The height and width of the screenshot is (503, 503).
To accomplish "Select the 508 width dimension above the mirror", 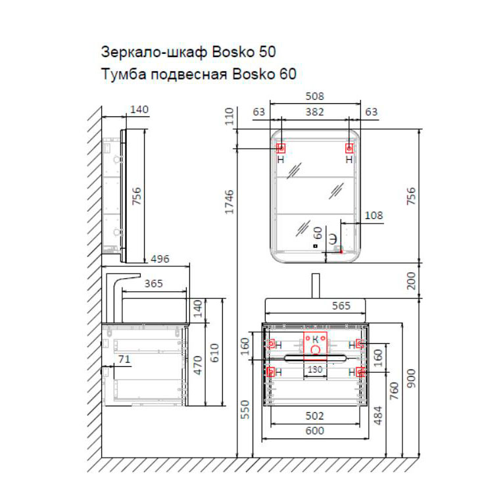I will coord(316,96).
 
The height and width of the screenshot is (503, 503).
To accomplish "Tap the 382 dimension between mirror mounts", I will coord(315,112).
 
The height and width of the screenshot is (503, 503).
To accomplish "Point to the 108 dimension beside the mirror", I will coord(373,215).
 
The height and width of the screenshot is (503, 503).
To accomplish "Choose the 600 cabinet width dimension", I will coord(316,431).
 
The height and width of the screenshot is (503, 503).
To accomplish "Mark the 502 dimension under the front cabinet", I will coord(316,416).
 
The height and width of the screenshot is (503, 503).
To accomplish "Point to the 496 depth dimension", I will coord(158,259).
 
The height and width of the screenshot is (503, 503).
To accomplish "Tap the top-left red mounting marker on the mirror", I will coord(280,148).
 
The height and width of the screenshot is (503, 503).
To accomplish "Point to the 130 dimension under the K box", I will coord(316,370).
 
